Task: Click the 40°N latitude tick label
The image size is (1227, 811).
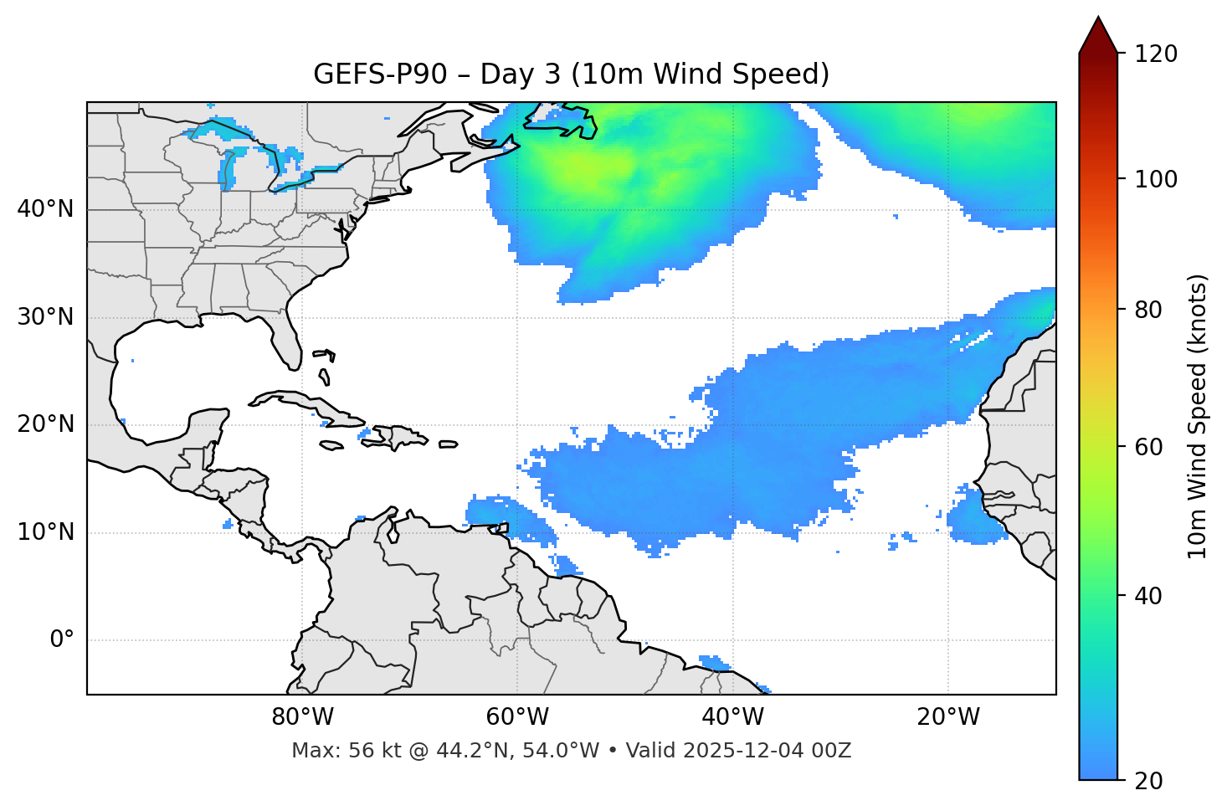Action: tap(45, 209)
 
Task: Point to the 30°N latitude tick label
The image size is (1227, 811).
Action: tap(45, 317)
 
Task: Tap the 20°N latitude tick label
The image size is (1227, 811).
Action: tap(45, 424)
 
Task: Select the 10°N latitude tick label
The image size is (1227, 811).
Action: tap(45, 532)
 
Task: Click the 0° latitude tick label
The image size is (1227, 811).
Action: tap(61, 640)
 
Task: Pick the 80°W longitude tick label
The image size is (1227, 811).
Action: tap(302, 717)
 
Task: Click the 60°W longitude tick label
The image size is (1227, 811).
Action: tap(517, 717)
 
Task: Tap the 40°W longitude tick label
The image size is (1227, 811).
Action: tap(732, 717)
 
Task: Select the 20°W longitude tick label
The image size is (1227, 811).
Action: tap(948, 717)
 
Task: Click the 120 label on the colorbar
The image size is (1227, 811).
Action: tap(1156, 54)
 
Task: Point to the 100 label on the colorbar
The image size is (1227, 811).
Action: tap(1156, 179)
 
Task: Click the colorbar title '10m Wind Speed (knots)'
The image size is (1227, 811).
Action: tap(1198, 417)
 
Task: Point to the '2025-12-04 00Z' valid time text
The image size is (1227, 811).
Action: tap(767, 751)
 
